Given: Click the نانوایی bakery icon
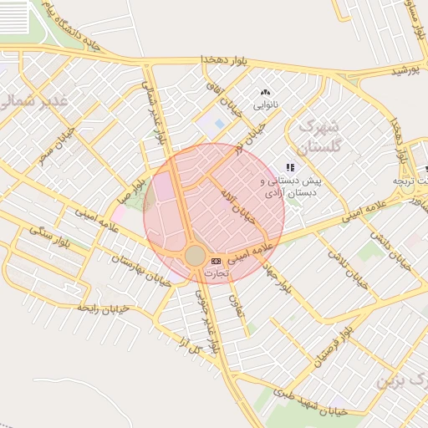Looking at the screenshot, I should tap(266, 93).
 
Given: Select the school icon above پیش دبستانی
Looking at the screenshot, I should tap(290, 167).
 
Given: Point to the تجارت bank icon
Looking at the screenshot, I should tap(217, 262).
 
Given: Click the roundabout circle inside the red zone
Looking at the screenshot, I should tap(195, 256).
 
